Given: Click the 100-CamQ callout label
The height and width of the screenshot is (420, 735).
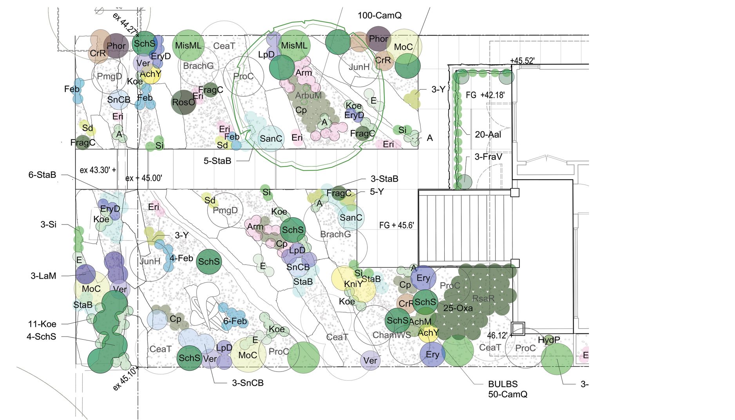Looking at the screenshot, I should [379, 16].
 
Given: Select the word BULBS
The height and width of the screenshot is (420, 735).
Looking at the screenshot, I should [503, 384].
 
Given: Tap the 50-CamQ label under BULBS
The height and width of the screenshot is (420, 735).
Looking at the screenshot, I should [507, 394].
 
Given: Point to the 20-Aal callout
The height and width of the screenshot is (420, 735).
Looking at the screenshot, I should [488, 135].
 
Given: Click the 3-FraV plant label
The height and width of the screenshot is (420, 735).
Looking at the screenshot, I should [488, 157].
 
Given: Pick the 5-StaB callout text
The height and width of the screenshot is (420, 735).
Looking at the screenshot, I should [217, 161].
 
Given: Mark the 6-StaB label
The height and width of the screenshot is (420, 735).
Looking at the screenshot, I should [42, 175].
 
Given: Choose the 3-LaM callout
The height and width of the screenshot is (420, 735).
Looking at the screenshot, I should [43, 276].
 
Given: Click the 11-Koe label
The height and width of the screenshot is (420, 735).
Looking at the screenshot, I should [42, 324].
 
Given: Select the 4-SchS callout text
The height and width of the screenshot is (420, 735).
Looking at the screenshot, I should [42, 337].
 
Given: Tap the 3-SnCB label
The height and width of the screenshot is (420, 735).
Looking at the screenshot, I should [248, 383].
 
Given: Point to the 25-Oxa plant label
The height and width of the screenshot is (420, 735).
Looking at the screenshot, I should [458, 308].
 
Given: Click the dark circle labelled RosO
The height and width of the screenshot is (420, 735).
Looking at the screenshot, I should [183, 102].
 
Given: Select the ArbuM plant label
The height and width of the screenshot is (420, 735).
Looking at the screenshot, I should [308, 96].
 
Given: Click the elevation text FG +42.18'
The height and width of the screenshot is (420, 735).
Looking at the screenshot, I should [485, 95].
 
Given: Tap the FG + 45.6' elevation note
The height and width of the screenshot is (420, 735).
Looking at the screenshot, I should [396, 225].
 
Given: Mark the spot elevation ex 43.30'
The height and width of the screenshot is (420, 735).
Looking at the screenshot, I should [98, 170].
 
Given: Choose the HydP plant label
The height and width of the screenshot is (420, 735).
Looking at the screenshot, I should [549, 340].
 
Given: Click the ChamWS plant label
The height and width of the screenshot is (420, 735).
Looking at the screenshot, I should [391, 335].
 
